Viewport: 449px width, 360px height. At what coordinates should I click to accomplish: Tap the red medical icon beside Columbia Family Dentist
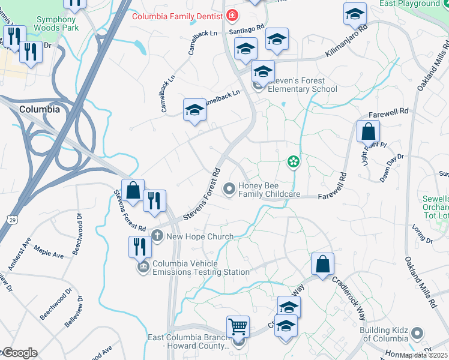pyautogui.click(x=232, y=15)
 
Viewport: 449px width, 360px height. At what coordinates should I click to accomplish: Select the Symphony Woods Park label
pyautogui.click(x=55, y=23)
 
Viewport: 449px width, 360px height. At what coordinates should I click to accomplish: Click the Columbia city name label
pyautogui.click(x=40, y=110)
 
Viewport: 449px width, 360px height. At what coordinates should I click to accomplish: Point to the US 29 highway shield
pyautogui.click(x=13, y=220)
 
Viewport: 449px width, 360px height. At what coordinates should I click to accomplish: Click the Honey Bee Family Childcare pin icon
pyautogui.click(x=229, y=190)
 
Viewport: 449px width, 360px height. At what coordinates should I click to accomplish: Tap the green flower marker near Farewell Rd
pyautogui.click(x=293, y=161)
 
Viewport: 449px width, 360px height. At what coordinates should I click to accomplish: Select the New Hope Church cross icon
pyautogui.click(x=157, y=236)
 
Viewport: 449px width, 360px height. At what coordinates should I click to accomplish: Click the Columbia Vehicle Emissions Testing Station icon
pyautogui.click(x=143, y=268)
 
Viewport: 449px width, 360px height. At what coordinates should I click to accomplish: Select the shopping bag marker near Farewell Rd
pyautogui.click(x=368, y=131)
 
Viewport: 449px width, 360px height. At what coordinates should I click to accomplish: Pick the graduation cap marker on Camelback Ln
pyautogui.click(x=194, y=110)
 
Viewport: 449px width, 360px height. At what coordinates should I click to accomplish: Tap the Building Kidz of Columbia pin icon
pyautogui.click(x=417, y=334)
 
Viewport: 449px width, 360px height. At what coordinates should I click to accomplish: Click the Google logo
pyautogui.click(x=19, y=353)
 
